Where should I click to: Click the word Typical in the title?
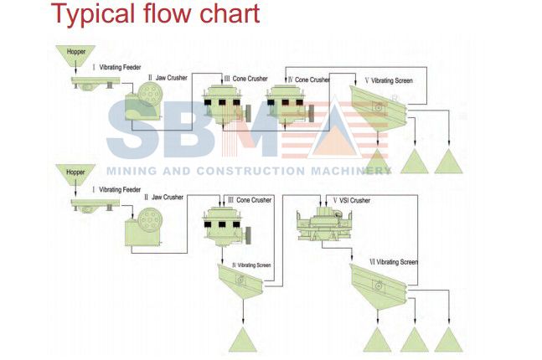(x=87, y=14)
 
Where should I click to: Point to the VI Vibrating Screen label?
(x=393, y=263)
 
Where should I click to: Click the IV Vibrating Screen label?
(x=251, y=265)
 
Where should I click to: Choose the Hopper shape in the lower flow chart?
(x=69, y=176)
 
